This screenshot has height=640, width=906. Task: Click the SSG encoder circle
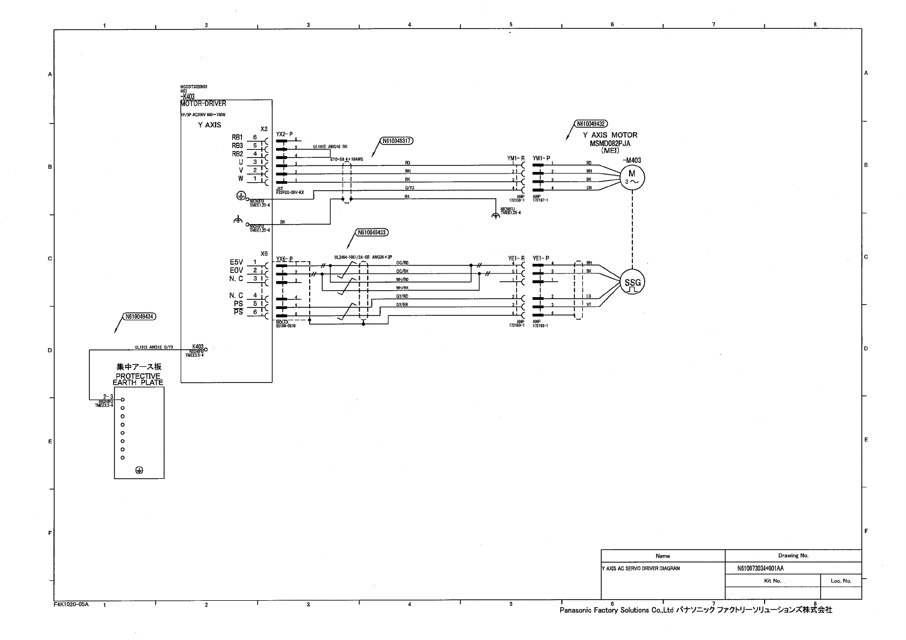[632, 282]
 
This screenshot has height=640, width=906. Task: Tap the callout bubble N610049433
[372, 233]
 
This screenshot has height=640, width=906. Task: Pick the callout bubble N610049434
[140, 317]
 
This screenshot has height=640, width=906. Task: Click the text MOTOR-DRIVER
[203, 104]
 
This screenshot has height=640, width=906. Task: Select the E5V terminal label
[237, 262]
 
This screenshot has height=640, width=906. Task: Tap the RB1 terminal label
[238, 138]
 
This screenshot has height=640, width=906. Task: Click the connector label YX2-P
[284, 134]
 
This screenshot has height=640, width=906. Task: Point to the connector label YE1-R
[516, 258]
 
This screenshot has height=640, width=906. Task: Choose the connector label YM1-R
[516, 158]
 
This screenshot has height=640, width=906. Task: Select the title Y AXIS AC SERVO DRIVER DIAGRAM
[640, 568]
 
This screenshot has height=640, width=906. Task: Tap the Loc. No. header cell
[840, 580]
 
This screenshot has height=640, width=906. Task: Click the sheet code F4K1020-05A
[72, 604]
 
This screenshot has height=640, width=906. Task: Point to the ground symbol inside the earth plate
[139, 470]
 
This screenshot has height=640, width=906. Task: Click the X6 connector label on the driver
[263, 253]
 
